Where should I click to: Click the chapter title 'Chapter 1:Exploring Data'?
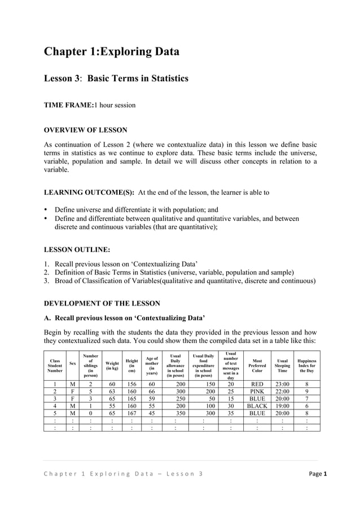click(x=112, y=52)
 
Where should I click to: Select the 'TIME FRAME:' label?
click(x=68, y=105)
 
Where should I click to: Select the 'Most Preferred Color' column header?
click(x=257, y=365)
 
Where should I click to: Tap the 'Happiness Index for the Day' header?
click(x=306, y=365)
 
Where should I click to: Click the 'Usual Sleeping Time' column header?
click(x=282, y=365)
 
